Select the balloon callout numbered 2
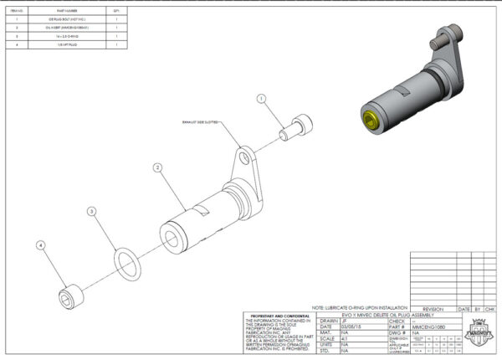click(x=156, y=168)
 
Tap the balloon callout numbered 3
click(x=92, y=213)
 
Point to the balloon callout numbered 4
click(x=39, y=245)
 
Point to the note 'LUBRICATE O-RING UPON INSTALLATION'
click(x=360, y=308)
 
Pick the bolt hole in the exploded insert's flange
click(x=243, y=157)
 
